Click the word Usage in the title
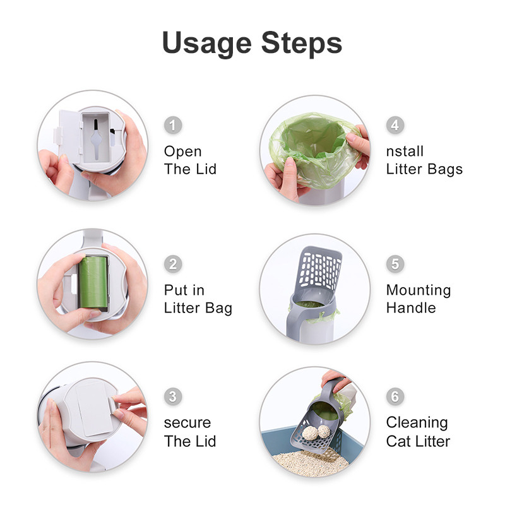pos(207,44)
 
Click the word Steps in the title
pos(302,42)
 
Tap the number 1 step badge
pos(173,125)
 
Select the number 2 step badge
pos(173,264)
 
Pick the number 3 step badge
pos(173,396)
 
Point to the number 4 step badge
pos(395,125)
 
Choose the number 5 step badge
pos(395,264)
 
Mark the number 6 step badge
pos(395,396)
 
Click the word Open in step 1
pos(183,152)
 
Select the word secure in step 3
pos(187,423)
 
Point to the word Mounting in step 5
pos(419,290)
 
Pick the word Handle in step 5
pos(411,308)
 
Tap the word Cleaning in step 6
pos(417,423)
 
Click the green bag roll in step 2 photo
pos(93,282)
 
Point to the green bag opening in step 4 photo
pos(314,141)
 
